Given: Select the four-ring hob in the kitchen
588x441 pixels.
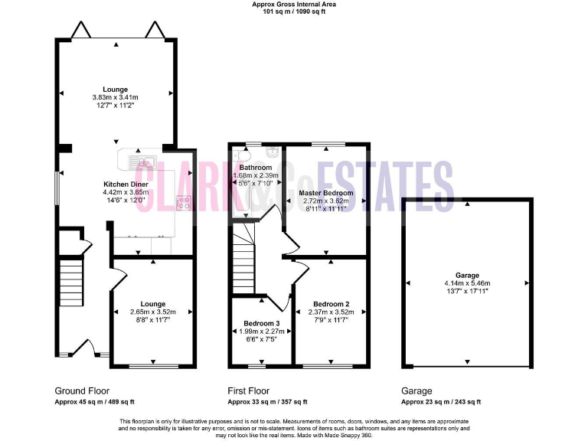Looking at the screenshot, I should [x=184, y=203].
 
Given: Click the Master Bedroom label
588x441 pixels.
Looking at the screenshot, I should [x=326, y=193].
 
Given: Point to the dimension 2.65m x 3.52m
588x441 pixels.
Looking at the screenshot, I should [x=152, y=312].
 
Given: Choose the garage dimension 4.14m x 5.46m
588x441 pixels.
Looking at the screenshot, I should [x=467, y=283].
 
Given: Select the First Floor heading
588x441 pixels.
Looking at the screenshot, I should [x=249, y=390].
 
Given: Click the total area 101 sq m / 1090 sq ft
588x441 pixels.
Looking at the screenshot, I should [x=294, y=11].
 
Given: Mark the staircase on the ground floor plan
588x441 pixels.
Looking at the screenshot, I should [x=71, y=282].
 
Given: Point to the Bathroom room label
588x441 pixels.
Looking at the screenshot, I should [x=255, y=167].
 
